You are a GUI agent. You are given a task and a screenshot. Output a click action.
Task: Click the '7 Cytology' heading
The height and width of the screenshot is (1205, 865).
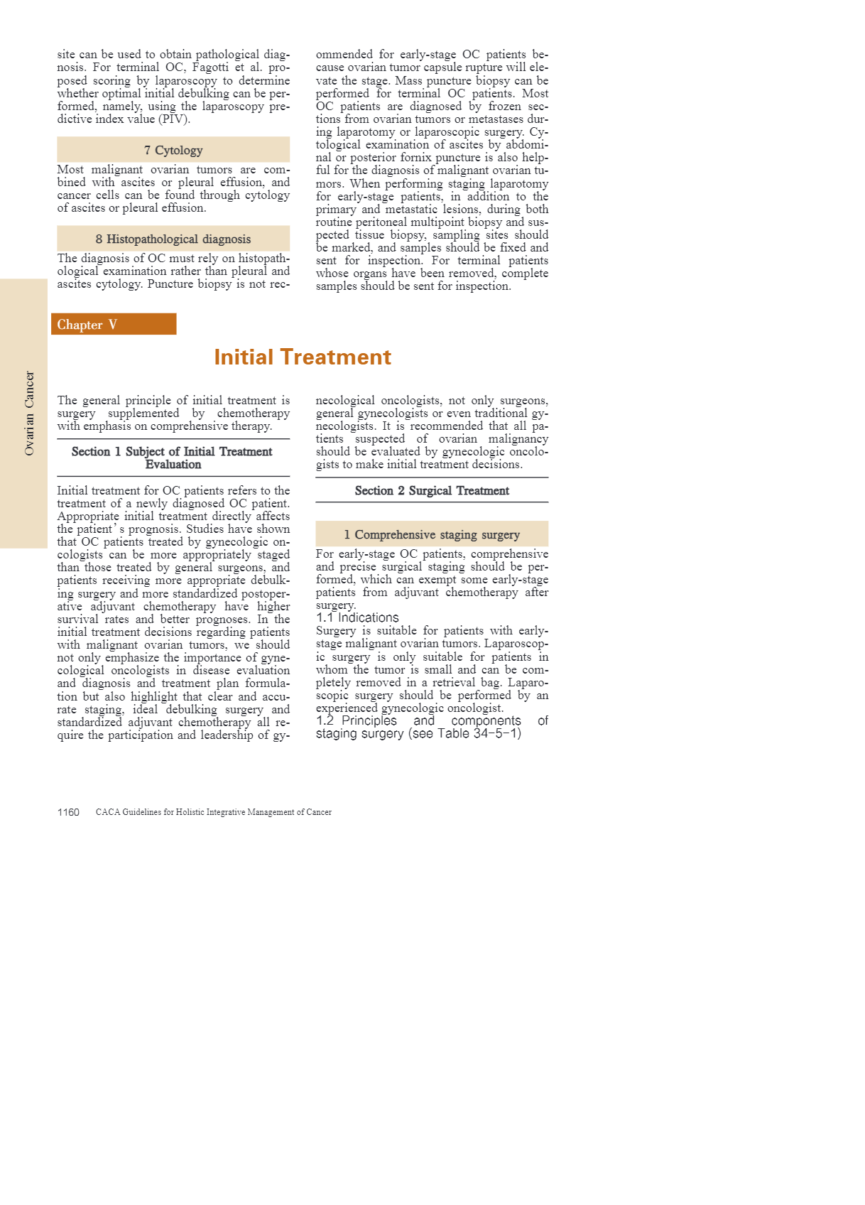(173, 151)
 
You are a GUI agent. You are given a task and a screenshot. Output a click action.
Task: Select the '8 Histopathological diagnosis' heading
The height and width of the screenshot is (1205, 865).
(173, 239)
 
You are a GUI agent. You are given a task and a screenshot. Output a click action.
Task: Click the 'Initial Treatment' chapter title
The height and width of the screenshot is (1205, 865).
(303, 357)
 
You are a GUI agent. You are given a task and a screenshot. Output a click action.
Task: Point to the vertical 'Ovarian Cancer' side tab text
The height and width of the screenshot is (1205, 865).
(29, 413)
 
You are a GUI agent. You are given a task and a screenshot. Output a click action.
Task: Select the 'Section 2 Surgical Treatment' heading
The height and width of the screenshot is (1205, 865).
(432, 491)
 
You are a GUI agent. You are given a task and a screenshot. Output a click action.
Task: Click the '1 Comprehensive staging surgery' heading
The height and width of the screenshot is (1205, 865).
(432, 535)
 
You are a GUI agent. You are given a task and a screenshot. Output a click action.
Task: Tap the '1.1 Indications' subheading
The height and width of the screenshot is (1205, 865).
(357, 618)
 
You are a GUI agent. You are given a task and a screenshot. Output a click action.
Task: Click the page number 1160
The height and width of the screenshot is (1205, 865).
(68, 812)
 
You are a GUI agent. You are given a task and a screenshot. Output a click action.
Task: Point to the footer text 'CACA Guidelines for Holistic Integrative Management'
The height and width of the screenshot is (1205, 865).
(214, 812)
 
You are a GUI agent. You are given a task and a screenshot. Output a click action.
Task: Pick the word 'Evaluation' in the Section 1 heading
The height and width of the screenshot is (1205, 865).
(173, 465)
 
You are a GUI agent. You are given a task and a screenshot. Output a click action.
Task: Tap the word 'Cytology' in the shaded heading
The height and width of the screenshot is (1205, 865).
(179, 151)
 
